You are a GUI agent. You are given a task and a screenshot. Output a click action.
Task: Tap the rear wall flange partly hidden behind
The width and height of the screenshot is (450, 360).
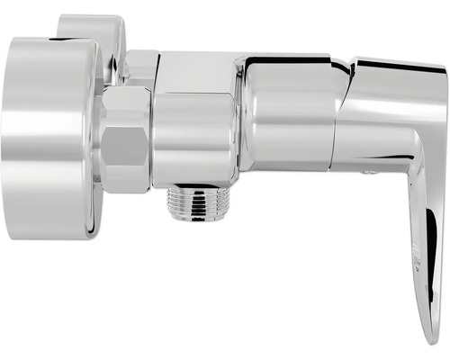90,27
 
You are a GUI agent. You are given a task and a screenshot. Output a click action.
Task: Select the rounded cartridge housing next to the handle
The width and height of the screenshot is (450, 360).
288,112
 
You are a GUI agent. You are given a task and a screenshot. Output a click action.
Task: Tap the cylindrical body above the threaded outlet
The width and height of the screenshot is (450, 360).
193,135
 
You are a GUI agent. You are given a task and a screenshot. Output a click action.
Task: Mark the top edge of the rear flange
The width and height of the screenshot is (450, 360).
90,16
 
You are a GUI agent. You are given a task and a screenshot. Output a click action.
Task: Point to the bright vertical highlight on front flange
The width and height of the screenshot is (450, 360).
18,135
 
